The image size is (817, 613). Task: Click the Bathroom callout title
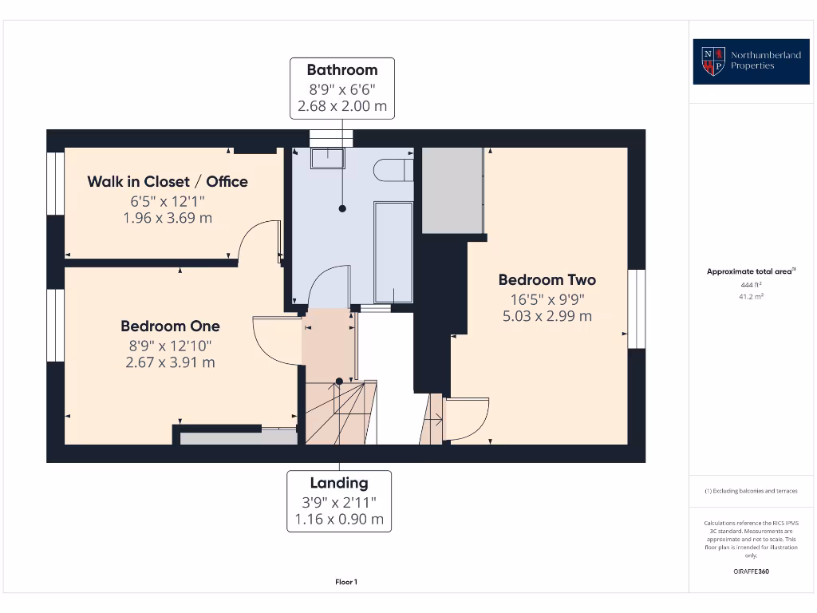tap(342, 69)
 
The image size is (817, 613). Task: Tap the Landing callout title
tap(339, 482)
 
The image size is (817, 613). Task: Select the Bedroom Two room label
tap(547, 279)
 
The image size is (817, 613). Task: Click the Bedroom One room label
tap(170, 326)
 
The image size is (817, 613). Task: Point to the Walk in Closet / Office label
tap(168, 181)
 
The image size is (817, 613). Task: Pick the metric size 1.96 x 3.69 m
tap(168, 217)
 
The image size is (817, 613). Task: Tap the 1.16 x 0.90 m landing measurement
tap(339, 519)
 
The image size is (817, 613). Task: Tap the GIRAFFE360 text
tap(751, 571)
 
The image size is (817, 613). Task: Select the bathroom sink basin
tap(326, 158)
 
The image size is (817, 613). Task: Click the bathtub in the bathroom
tap(393, 251)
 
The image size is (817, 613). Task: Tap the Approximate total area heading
tap(751, 271)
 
